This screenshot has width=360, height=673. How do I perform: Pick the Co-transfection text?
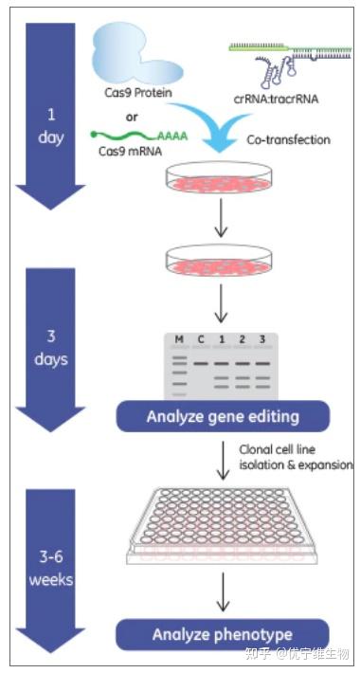(287, 140)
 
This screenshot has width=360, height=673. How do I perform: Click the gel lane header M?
(176, 340)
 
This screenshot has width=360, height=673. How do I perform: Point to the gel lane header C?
(201, 340)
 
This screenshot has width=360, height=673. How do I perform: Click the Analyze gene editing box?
(223, 416)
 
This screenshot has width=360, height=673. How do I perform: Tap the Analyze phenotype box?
(223, 634)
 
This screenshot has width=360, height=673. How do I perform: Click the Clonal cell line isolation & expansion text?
(295, 459)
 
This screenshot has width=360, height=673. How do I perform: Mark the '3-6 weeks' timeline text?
(52, 568)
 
